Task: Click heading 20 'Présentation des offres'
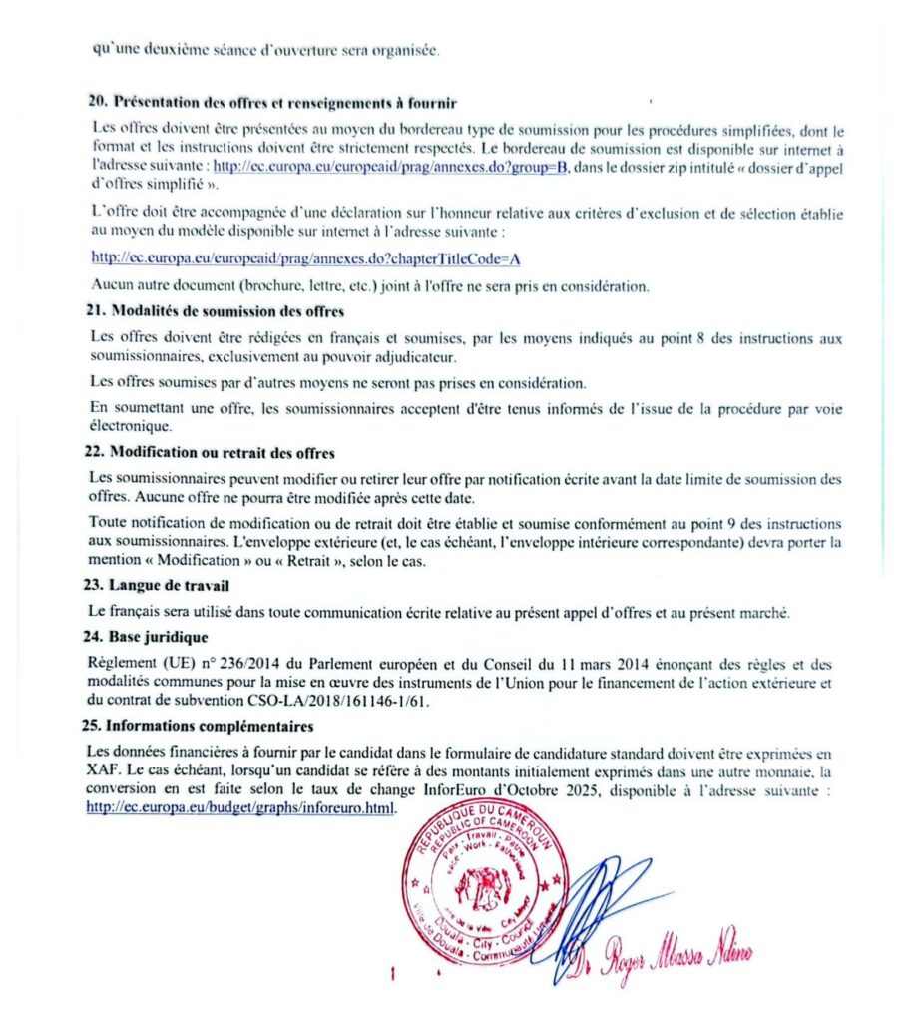(271, 103)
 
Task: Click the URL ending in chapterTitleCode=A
(304, 258)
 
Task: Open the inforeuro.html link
(240, 808)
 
